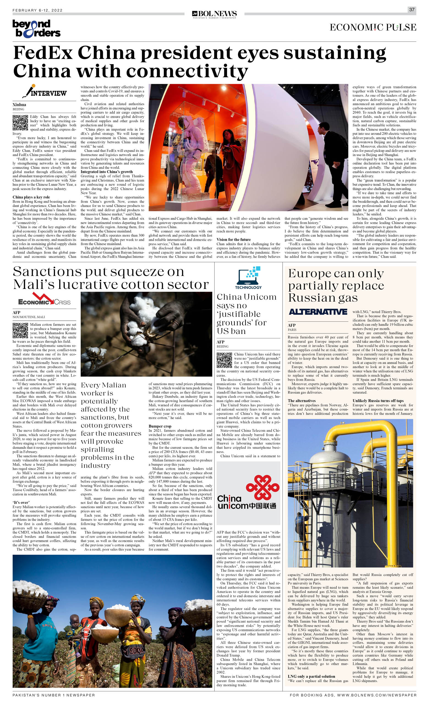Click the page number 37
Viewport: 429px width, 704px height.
[412, 9]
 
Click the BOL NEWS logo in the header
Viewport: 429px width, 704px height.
[214, 14]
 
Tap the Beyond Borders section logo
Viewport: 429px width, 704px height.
[36, 29]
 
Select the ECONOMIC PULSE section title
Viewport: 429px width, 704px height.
[373, 28]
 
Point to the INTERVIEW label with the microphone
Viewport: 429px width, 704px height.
[45, 92]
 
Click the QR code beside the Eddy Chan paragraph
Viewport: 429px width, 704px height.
[20, 123]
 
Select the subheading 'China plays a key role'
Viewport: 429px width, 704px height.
[31, 197]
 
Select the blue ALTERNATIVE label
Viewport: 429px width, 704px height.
[318, 312]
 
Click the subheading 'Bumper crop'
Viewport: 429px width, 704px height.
[160, 426]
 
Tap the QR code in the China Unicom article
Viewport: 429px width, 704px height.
[224, 360]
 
